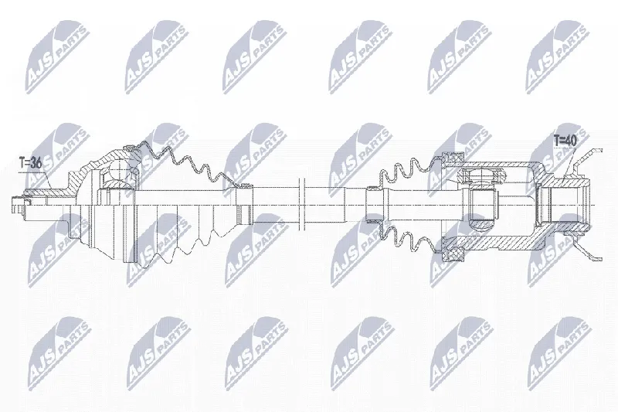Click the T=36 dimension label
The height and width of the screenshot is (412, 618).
click(x=30, y=163)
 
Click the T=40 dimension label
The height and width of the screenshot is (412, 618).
click(x=565, y=140)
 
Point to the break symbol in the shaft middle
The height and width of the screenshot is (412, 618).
click(x=303, y=204)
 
